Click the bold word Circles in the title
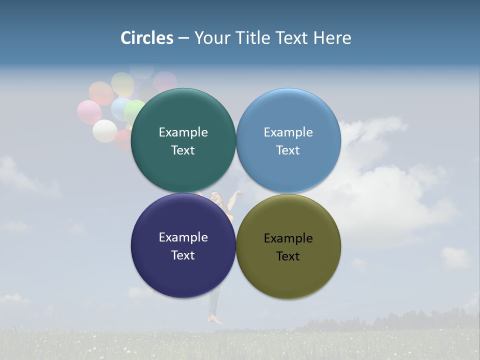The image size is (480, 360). click(146, 37)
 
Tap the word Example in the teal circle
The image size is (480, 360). click(183, 132)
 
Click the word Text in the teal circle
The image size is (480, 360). click(183, 150)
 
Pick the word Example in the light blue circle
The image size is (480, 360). click(288, 132)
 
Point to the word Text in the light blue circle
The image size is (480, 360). click(288, 150)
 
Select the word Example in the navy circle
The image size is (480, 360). click(183, 237)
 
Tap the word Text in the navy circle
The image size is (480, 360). click(183, 255)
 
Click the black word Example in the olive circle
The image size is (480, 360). click(288, 238)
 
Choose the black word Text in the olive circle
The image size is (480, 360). click(288, 256)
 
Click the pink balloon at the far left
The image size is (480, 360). click(89, 112)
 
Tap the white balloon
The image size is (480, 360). click(105, 131)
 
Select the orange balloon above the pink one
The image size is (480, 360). click(101, 92)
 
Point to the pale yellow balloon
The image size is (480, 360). click(122, 83)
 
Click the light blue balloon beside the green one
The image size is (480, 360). click(120, 108)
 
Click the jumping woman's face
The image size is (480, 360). click(215, 197)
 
